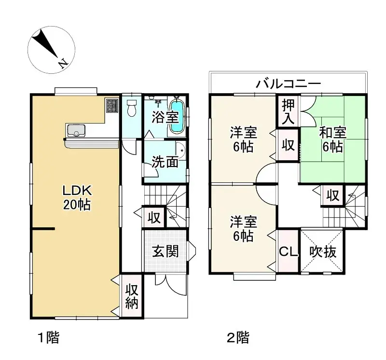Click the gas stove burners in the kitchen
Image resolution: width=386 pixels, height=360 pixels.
pos(112,106)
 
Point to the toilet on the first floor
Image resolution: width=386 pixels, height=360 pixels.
pos(131,109)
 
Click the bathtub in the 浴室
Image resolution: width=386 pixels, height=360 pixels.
pos(177,117)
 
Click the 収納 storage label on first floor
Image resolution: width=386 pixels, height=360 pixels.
pos(132,296)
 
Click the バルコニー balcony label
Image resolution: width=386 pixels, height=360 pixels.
pos(288,84)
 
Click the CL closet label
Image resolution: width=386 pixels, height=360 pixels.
pos(288,251)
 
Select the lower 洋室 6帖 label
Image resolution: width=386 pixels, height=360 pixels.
pos(243,229)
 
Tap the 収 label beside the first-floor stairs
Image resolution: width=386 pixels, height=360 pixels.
pos(154,218)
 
